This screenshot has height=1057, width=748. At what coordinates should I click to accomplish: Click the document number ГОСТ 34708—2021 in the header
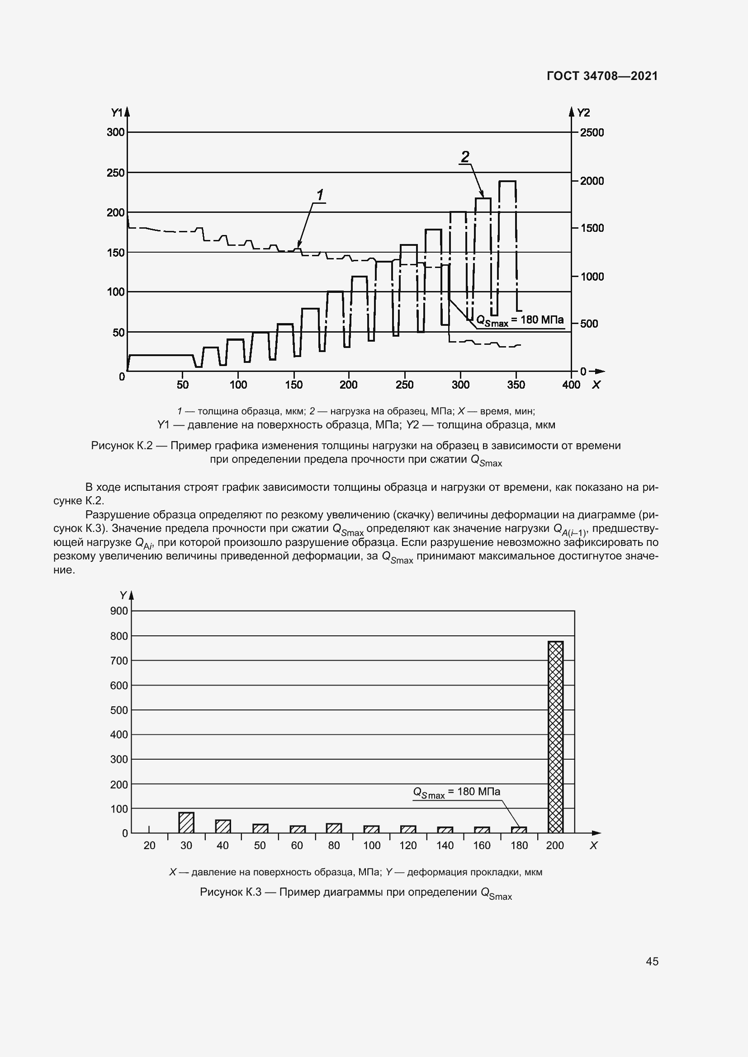(x=602, y=76)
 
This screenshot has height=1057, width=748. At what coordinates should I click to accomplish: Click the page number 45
(x=652, y=961)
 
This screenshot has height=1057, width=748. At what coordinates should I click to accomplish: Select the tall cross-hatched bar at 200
(x=555, y=737)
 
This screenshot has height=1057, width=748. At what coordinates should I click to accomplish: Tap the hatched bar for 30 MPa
(x=186, y=822)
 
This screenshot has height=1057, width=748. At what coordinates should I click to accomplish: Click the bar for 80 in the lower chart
(x=334, y=828)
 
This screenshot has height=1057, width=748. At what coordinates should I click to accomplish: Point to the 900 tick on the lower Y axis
(x=119, y=611)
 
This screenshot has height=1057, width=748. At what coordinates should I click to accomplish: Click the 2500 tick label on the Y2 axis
(x=592, y=132)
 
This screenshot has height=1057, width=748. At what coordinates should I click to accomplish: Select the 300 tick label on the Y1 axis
(x=116, y=132)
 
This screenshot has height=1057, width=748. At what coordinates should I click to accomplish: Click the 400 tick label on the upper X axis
(x=571, y=385)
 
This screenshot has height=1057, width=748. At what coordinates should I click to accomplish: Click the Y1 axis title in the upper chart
(x=117, y=113)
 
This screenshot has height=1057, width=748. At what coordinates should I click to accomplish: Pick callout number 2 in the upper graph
(x=465, y=157)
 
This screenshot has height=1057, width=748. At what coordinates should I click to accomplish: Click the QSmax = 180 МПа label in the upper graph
(x=520, y=320)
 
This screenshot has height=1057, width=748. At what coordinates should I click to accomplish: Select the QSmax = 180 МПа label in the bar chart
(x=456, y=792)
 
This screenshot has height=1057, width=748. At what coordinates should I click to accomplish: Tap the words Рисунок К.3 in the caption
(x=230, y=892)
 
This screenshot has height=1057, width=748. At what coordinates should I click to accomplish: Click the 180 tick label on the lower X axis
(x=519, y=846)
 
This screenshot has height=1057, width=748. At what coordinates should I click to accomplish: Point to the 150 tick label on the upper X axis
(x=294, y=385)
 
